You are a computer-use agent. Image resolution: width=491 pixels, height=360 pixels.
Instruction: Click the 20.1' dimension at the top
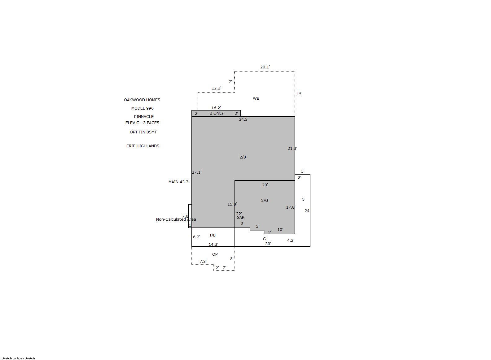point(265,67)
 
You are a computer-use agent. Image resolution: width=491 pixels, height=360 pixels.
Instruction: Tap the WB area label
point(256,98)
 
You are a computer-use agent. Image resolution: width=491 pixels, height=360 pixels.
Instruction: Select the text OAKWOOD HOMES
point(142,100)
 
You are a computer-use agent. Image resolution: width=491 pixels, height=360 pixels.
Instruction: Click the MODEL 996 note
point(142,108)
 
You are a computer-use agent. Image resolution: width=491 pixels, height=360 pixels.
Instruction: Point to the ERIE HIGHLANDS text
point(143,146)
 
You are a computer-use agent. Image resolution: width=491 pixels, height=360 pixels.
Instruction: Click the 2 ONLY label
point(217,113)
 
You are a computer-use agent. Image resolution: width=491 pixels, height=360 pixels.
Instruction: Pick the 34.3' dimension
point(243,119)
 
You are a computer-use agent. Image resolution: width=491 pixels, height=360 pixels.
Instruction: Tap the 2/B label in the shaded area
point(243,157)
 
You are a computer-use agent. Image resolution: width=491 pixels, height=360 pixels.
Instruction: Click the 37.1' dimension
point(197,172)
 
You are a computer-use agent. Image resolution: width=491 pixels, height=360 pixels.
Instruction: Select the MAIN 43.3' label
point(179,182)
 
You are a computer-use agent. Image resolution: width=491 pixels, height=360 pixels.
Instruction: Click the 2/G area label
point(265,200)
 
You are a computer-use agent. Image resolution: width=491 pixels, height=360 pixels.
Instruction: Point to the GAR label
point(240,217)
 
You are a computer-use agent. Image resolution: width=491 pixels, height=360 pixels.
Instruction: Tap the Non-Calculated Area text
point(176,219)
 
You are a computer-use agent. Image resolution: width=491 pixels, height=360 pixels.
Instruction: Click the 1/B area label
point(213,235)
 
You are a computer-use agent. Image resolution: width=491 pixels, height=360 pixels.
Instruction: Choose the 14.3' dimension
point(213,244)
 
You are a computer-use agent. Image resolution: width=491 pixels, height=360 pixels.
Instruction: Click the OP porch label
point(215,254)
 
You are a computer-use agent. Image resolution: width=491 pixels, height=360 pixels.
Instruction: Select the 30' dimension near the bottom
point(268,244)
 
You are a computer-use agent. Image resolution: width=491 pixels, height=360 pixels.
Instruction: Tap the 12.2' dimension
point(216,88)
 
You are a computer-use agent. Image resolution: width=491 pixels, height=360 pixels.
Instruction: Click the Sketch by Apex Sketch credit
point(18,358)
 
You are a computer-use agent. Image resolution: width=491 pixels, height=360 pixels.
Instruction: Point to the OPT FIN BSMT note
point(143,132)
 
